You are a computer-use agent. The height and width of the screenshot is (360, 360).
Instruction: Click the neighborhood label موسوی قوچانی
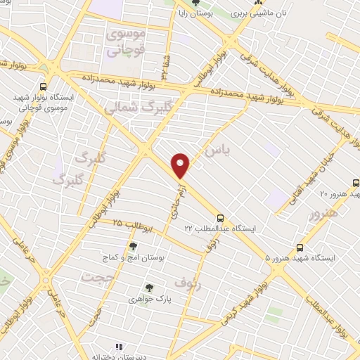pos(124,42)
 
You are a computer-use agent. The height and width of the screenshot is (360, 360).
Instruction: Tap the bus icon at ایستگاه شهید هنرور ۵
pos(300,247)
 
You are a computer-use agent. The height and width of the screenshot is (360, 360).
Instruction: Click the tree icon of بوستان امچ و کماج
pos(133,246)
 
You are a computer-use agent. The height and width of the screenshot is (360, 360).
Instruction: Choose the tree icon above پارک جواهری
pos(148,287)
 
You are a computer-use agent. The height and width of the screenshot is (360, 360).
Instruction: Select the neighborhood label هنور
pos(323,212)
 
